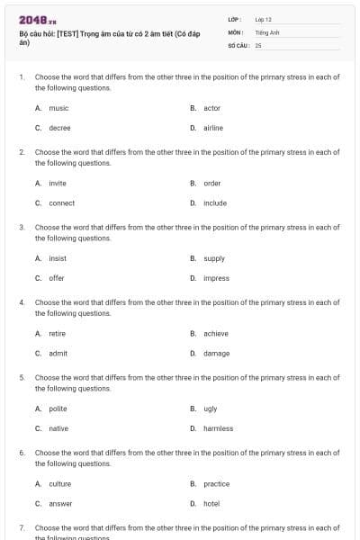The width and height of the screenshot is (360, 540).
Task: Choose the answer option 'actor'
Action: pyautogui.click(x=211, y=108)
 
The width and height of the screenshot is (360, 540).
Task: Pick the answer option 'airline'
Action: pyautogui.click(x=213, y=128)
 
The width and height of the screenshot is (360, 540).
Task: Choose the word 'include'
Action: pyautogui.click(x=215, y=203)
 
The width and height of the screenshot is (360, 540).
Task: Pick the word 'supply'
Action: pyautogui.click(x=214, y=258)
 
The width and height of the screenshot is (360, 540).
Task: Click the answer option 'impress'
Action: pyautogui.click(x=216, y=278)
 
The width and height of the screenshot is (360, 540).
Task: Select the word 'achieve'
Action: pyautogui.click(x=216, y=334)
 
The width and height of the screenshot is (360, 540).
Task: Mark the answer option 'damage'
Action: pyautogui.click(x=216, y=354)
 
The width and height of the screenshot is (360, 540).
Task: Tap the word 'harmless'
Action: pyautogui.click(x=218, y=428)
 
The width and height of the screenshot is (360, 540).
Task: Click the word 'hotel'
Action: pyautogui.click(x=211, y=504)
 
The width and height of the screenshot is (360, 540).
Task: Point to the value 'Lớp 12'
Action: pyautogui.click(x=264, y=19)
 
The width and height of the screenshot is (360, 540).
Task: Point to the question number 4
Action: pyautogui.click(x=22, y=303)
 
